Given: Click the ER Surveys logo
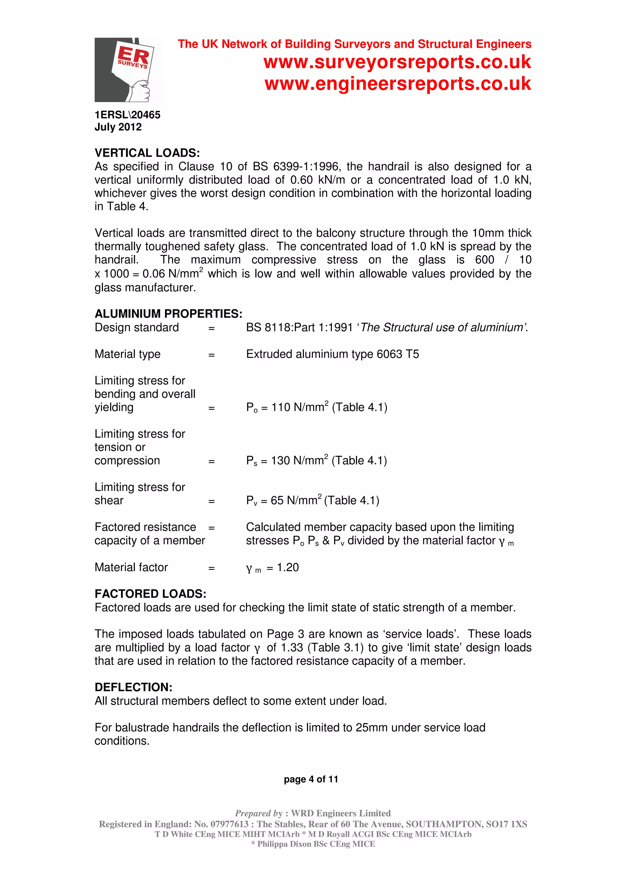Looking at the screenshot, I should click(128, 70).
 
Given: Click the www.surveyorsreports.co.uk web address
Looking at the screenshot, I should click(397, 62).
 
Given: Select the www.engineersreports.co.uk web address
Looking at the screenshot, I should click(398, 84).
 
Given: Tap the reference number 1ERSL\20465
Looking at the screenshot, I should click(127, 115).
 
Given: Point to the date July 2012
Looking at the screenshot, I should click(118, 127).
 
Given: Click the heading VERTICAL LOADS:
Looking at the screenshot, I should click(147, 153).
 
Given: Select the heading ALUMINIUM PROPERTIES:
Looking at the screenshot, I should click(168, 313).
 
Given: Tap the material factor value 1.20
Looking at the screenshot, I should click(288, 567).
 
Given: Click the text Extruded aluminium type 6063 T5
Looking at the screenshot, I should click(333, 354).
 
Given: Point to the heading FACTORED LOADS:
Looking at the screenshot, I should click(150, 593).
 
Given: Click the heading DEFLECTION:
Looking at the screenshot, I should click(134, 687).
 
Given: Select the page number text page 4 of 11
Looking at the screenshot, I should click(311, 779).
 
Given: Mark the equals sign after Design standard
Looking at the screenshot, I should click(211, 328).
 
